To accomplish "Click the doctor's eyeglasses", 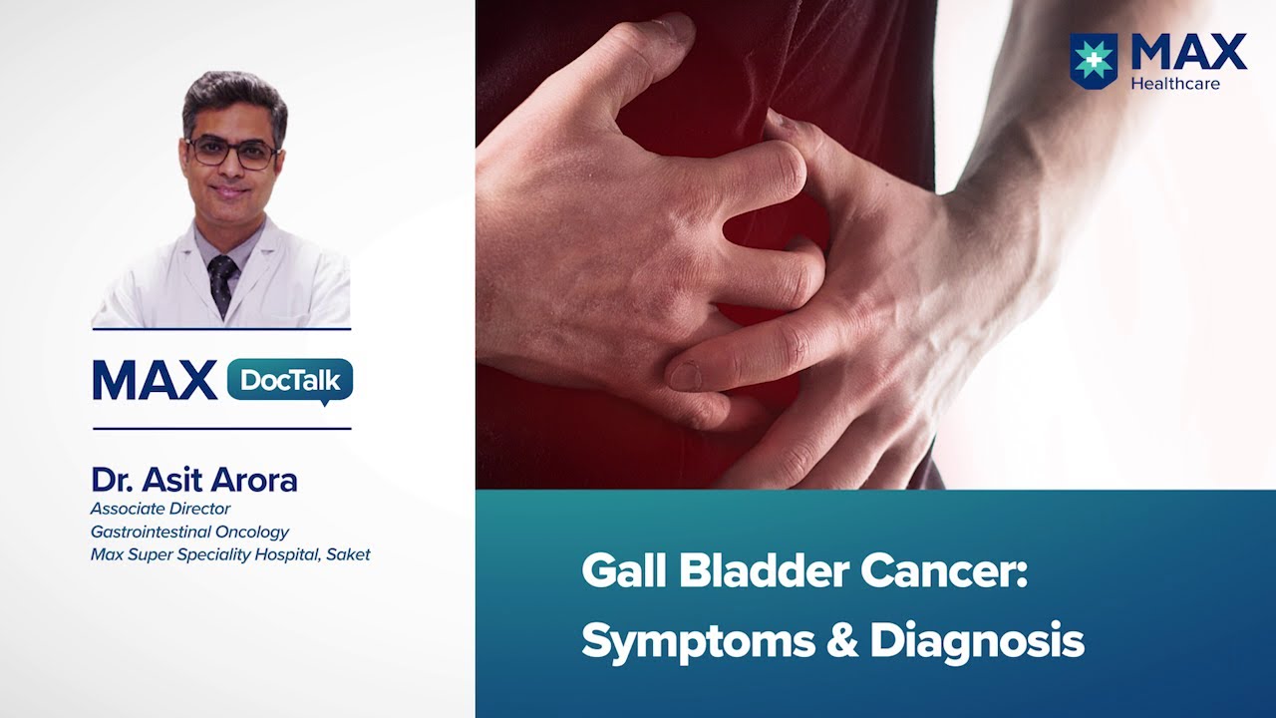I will pyautogui.click(x=232, y=153).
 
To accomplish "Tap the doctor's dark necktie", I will pyautogui.click(x=222, y=279).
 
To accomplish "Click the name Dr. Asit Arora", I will pyautogui.click(x=194, y=481).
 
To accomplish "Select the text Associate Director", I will pyautogui.click(x=160, y=510).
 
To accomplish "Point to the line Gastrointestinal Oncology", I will pyautogui.click(x=189, y=532).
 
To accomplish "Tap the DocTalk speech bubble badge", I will pyautogui.click(x=290, y=381).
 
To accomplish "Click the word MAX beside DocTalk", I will pyautogui.click(x=155, y=381).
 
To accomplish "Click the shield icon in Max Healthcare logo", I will pyautogui.click(x=1094, y=60).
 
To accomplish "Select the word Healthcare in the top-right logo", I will pyautogui.click(x=1174, y=84).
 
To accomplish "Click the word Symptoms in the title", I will pyautogui.click(x=696, y=641).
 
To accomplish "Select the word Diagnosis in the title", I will pyautogui.click(x=976, y=641).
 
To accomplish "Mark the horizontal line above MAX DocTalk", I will pyautogui.click(x=221, y=329).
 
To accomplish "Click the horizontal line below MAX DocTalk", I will pyautogui.click(x=221, y=429).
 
